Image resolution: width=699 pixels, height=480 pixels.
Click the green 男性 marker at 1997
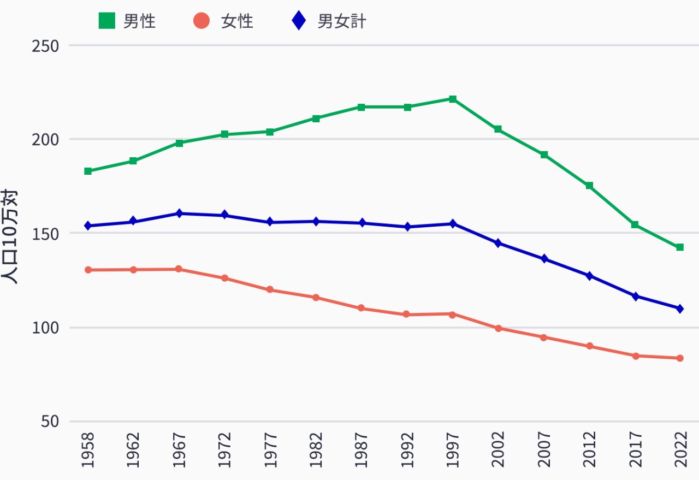[x=453, y=99]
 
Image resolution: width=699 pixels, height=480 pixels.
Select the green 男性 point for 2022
[x=680, y=247]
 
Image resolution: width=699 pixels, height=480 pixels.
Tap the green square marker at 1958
[x=88, y=171]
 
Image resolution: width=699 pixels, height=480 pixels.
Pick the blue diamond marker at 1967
[x=179, y=214]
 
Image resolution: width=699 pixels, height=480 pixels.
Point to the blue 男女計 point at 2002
[x=498, y=243]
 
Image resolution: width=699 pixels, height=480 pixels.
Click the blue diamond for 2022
[x=680, y=309]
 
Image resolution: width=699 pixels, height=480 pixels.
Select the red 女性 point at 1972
[x=224, y=278]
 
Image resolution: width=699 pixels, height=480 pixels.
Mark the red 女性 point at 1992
[x=406, y=315]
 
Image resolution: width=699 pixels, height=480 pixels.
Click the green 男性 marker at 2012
[x=589, y=186]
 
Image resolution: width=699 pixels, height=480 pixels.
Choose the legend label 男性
[x=139, y=21]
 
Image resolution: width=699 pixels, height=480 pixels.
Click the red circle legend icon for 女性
[x=202, y=21]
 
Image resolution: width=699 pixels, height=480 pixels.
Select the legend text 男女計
[x=342, y=21]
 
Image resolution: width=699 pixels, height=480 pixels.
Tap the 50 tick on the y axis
[x=50, y=422]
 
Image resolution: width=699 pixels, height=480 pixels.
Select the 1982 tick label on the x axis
[x=316, y=450]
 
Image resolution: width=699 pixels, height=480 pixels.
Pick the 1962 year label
[x=133, y=450]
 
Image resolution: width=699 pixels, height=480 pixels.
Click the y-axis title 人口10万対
[x=11, y=236]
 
